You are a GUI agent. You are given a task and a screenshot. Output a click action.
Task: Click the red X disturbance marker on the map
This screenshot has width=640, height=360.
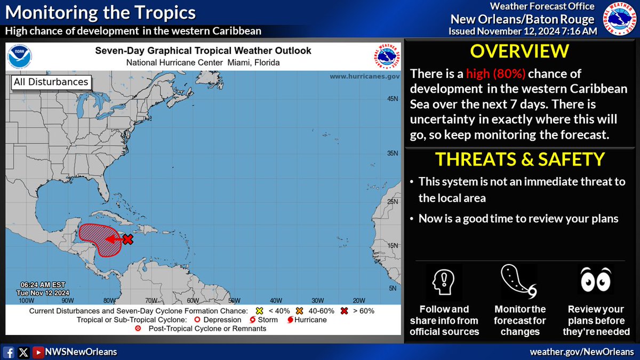coord(127,239)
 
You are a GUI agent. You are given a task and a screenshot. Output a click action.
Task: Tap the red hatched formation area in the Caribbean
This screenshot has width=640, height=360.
coord(96,238)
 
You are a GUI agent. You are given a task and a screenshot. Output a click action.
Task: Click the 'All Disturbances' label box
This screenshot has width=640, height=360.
coord(50,82)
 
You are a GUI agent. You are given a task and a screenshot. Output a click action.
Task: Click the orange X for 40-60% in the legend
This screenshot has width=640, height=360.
coord(300,311)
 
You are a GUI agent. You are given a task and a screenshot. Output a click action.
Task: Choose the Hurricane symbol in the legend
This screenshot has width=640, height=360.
coord(291,320)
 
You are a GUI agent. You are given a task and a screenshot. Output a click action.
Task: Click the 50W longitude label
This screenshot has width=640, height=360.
coord(233,300)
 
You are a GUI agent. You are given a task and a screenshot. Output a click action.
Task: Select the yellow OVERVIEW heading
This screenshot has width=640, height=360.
coord(520,52)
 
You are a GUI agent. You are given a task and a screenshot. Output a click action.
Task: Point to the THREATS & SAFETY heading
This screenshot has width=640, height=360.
coord(520,159)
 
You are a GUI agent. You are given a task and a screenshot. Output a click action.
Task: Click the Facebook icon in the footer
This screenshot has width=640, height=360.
coord(9,352)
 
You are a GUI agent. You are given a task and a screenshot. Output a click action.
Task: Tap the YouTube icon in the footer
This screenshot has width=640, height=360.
coord(38,352)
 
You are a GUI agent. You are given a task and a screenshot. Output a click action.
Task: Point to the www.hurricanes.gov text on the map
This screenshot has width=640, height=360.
coord(364,77)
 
